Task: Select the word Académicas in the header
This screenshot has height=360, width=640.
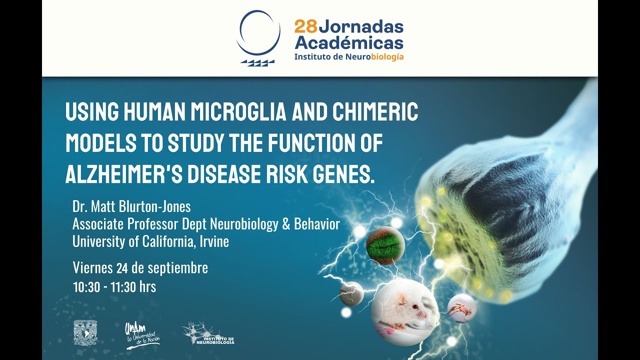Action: (x=348, y=42)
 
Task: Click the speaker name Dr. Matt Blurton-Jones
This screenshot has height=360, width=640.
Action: (x=131, y=206)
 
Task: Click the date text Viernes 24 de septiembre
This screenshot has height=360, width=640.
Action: (x=140, y=268)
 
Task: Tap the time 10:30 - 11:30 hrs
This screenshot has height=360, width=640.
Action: (x=114, y=287)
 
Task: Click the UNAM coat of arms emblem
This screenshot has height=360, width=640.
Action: (x=85, y=332)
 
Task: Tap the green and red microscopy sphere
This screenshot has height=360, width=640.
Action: (x=385, y=245)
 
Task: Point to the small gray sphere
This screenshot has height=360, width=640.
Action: (x=351, y=293)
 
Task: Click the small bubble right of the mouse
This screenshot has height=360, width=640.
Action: (x=461, y=308)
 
